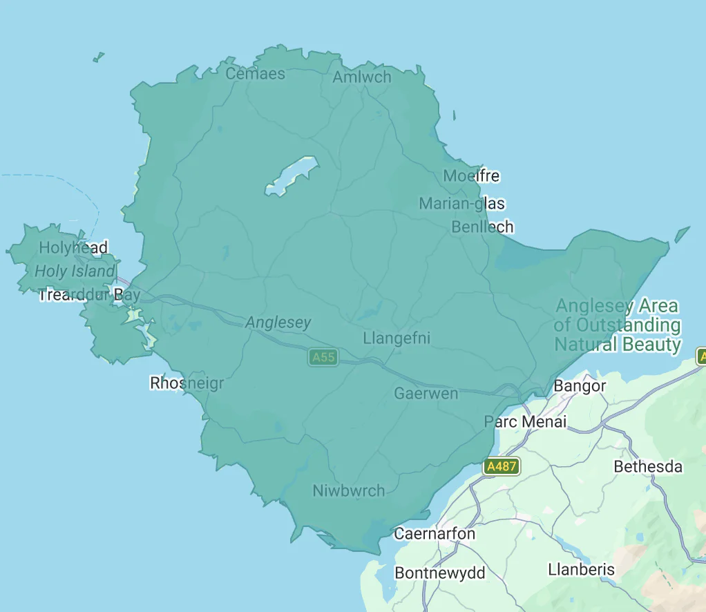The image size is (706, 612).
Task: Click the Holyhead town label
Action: tap(73, 247)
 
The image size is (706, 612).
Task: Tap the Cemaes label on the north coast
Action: tap(255, 74)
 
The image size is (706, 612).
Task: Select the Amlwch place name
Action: tap(361, 77)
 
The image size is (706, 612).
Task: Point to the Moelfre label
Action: tap(471, 176)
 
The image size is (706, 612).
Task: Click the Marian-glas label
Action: tap(461, 204)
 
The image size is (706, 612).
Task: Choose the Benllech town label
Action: tap(482, 227)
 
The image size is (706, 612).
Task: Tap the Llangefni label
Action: tap(397, 338)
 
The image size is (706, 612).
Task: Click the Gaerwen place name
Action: tap(426, 394)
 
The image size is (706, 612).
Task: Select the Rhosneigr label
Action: tap(187, 383)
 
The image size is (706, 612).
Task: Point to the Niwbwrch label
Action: tap(348, 490)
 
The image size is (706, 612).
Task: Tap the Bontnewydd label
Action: tap(439, 573)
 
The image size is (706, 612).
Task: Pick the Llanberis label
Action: tap(581, 570)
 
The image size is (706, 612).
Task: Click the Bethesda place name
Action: tap(647, 467)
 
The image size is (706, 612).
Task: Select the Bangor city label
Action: tap(580, 386)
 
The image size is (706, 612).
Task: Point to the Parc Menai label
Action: tap(525, 421)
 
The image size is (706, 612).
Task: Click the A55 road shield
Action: tap(323, 357)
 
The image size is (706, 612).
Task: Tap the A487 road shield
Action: tap(502, 466)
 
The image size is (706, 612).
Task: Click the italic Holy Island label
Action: tap(75, 271)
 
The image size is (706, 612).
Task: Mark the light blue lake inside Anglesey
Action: tap(292, 175)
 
